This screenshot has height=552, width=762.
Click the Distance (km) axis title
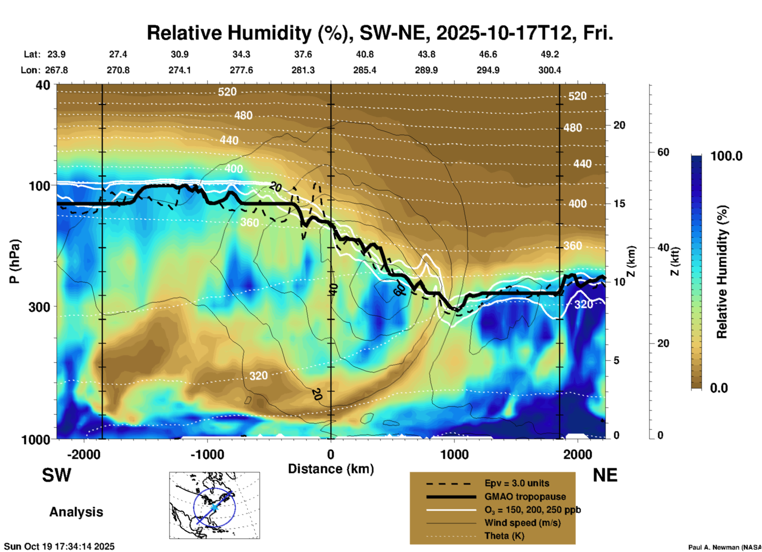pyautogui.click(x=331, y=469)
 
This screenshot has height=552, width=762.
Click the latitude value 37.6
pyautogui.click(x=303, y=54)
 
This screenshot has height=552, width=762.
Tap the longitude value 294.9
pyautogui.click(x=488, y=70)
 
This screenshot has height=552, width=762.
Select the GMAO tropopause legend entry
pyautogui.click(x=525, y=497)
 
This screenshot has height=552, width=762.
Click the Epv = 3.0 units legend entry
pyautogui.click(x=517, y=483)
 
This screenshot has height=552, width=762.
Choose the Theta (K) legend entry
pyautogui.click(x=504, y=536)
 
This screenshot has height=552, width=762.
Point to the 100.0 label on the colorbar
pyautogui.click(x=726, y=156)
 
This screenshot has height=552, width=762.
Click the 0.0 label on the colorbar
pyautogui.click(x=719, y=388)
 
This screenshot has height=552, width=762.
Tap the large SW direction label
pyautogui.click(x=57, y=475)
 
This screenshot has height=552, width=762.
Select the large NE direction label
pyautogui.click(x=605, y=475)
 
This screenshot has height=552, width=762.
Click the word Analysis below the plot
pyautogui.click(x=76, y=512)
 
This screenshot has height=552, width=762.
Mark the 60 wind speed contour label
pyautogui.click(x=399, y=290)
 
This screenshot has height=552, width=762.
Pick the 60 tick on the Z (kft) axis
pyautogui.click(x=663, y=152)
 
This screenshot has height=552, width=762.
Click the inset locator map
pyautogui.click(x=214, y=505)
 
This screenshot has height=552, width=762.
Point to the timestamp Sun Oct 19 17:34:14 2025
pyautogui.click(x=59, y=546)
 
